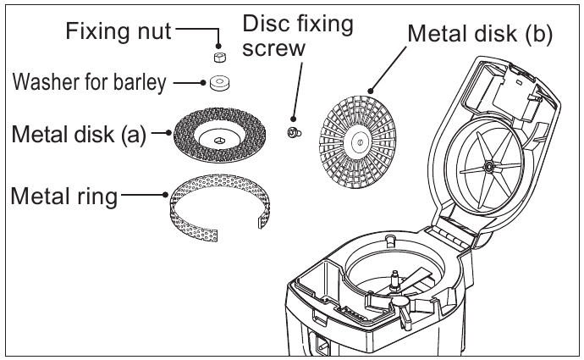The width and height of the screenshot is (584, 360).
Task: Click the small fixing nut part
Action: click(220, 58)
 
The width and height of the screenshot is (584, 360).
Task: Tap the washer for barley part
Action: click(220, 83)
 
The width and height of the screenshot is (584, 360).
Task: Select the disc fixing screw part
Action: click(295, 132)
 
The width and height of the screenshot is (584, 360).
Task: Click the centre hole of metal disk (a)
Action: click(220, 140)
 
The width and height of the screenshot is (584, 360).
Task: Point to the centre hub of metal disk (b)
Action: click(358, 142)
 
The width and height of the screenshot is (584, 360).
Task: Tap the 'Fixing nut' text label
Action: click(118, 30)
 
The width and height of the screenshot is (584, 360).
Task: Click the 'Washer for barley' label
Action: click(89, 82)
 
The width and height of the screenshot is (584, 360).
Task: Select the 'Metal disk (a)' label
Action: click(79, 134)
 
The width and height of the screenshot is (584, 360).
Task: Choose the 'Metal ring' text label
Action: click(64, 196)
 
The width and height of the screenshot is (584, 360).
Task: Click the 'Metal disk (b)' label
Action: click(480, 34)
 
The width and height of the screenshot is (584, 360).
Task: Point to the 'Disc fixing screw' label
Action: click(298, 36)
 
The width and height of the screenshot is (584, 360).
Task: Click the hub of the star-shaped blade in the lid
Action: click(488, 167)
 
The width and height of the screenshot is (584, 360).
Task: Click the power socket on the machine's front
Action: click(322, 345)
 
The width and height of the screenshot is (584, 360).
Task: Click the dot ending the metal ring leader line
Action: click(166, 195)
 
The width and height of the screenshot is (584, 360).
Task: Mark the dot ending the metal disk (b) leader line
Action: click(371, 91)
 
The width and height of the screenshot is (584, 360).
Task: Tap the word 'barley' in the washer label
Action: click(140, 82)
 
